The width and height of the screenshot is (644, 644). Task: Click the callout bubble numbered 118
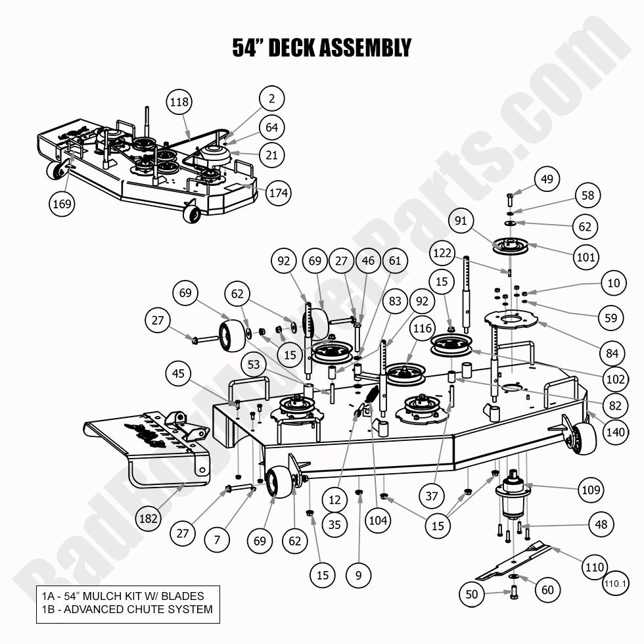click(179, 102)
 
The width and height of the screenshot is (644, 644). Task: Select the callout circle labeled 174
click(279, 193)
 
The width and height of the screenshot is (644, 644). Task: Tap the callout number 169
click(63, 204)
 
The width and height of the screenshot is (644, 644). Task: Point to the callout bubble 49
click(547, 178)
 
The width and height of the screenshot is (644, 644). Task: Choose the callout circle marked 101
click(568, 257)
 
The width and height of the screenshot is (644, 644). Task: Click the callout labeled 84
click(612, 354)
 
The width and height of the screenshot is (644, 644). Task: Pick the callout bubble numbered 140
click(616, 432)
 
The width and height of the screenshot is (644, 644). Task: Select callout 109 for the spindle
click(589, 490)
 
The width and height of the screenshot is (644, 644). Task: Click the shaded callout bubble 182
click(149, 518)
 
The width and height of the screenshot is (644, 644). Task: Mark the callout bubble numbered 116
click(423, 328)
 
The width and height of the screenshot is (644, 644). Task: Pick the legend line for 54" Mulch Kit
click(123, 596)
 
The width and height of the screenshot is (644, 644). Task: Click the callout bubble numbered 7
click(217, 540)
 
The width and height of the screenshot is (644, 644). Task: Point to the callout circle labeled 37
click(431, 496)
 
